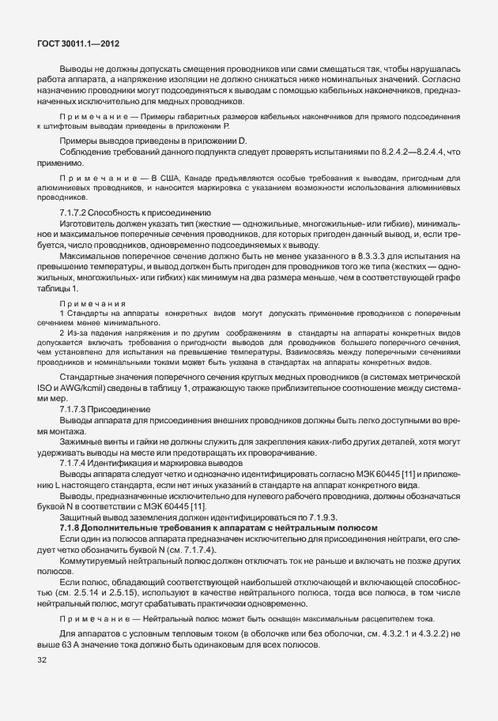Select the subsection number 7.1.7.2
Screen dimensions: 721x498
[73, 213]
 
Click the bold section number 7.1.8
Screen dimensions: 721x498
[73, 527]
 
